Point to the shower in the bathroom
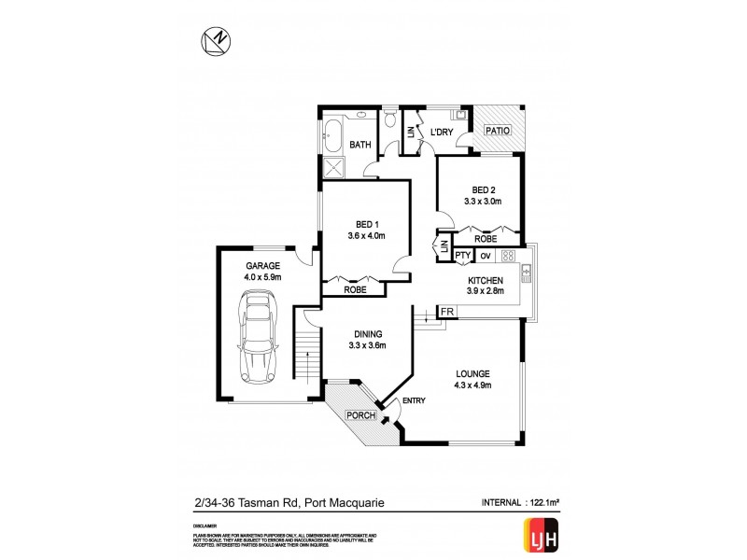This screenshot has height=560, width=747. coord(332,167)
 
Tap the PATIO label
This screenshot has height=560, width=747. coord(498,132)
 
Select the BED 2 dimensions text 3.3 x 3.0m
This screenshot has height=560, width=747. coord(483,201)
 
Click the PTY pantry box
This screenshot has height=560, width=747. coord(463,255)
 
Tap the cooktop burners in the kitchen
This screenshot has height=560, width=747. coord(509,255)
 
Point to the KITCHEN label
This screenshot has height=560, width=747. coord(486,280)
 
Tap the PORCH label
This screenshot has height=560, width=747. coord(361,414)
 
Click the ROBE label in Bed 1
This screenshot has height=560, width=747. coord(355,289)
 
